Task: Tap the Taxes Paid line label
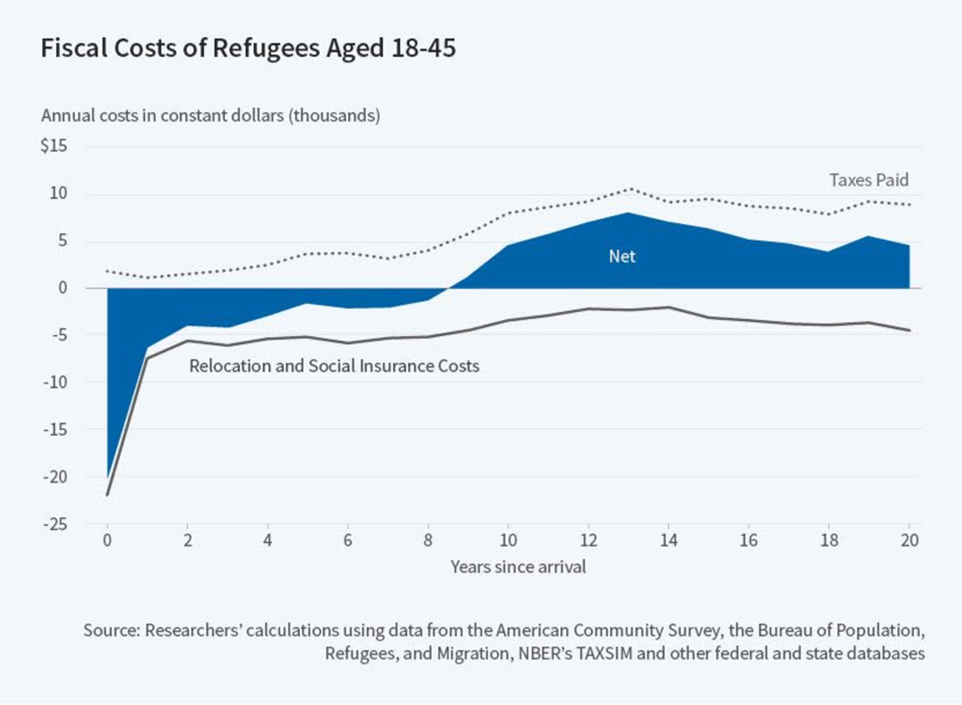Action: (869, 180)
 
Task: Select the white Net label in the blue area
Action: (622, 256)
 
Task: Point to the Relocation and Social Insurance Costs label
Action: (334, 365)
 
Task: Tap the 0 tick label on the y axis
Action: (63, 288)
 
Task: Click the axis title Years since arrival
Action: (507, 567)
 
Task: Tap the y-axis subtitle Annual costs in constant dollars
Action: (210, 115)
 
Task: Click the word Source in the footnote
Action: (111, 630)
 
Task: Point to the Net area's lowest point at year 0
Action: (108, 477)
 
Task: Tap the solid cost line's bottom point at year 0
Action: (108, 495)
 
